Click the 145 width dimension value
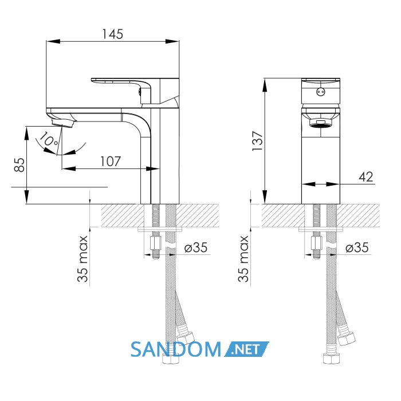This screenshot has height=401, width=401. [113, 34]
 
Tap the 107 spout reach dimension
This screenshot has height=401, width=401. [111, 162]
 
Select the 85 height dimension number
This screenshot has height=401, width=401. [19, 165]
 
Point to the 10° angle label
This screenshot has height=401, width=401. [49, 139]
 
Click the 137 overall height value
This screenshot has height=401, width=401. [258, 141]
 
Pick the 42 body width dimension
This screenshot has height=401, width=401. [366, 176]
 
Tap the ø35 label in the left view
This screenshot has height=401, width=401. [196, 247]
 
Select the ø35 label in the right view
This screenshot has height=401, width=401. [357, 247]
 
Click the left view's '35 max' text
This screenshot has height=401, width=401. [82, 259]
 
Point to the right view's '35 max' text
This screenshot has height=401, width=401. [243, 259]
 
